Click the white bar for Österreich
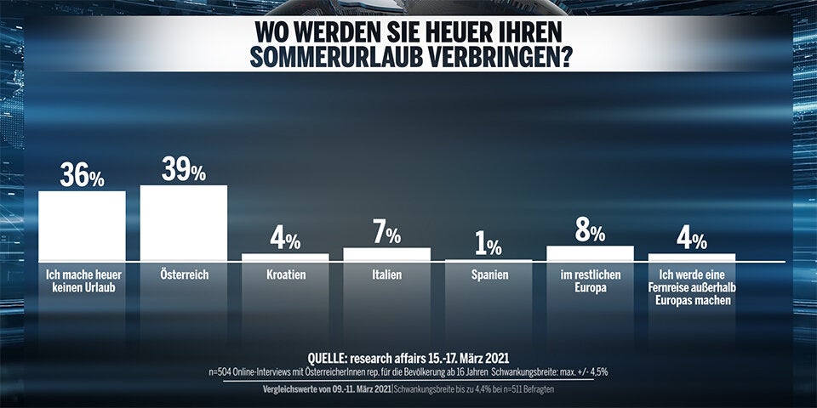point(183,223)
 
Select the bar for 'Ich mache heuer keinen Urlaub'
point(82,225)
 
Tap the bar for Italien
point(386,254)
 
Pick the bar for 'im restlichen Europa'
point(590,253)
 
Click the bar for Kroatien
point(285,257)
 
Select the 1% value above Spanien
point(488,246)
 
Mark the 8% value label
point(590,232)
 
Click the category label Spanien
point(488,275)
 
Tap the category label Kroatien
point(285,275)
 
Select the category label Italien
point(386,275)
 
